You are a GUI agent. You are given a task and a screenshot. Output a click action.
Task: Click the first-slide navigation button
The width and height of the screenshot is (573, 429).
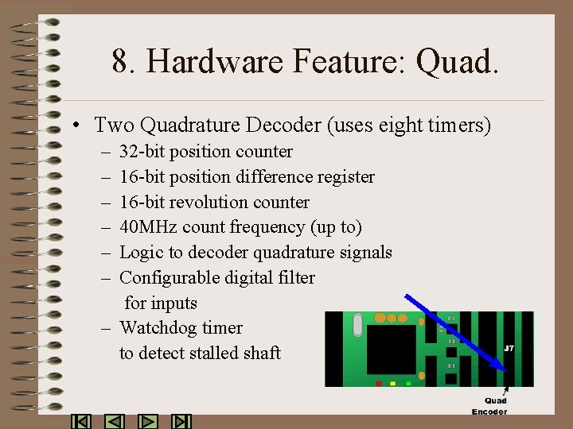(81, 422)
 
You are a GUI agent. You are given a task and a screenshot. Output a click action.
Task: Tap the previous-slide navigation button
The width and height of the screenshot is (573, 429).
(115, 422)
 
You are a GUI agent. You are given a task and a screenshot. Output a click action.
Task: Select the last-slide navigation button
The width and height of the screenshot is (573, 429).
(181, 422)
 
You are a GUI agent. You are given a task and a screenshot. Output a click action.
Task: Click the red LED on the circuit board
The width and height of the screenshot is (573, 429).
(379, 383)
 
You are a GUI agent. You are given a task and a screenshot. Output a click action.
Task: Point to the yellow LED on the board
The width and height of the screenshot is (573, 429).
(394, 383)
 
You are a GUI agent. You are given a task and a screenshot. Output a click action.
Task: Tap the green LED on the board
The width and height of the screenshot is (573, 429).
(408, 383)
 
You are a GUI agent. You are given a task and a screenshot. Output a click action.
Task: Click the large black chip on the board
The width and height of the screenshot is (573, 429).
(392, 350)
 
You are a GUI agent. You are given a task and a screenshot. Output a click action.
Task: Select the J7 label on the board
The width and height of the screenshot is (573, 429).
(509, 349)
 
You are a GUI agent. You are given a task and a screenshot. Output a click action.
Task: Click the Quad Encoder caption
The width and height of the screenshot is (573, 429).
(490, 406)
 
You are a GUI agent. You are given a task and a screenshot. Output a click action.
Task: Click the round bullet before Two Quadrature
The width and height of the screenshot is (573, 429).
(73, 126)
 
